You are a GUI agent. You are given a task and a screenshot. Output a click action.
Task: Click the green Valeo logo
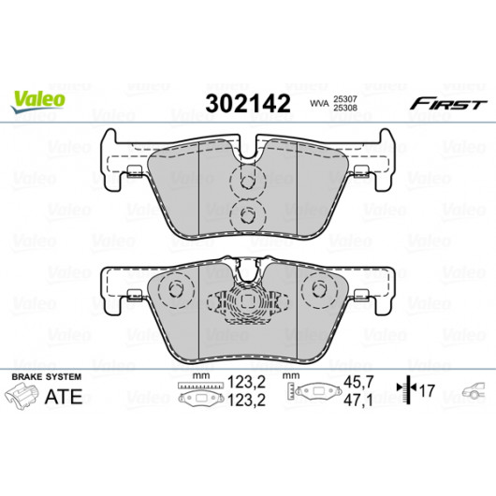click(x=38, y=101)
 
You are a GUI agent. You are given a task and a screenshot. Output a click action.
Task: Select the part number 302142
click(x=248, y=104)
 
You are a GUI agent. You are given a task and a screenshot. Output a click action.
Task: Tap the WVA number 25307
click(x=344, y=99)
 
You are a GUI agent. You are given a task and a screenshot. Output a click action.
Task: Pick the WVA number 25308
click(x=344, y=108)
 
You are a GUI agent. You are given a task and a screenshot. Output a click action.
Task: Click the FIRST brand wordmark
click(x=448, y=104)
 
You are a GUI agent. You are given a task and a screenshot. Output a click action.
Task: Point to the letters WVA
click(x=319, y=104)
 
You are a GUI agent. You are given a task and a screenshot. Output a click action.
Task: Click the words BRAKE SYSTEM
click(x=46, y=377)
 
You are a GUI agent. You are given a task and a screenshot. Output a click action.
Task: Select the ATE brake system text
click(x=64, y=397)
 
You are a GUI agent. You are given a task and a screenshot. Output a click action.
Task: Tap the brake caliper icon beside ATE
click(x=22, y=396)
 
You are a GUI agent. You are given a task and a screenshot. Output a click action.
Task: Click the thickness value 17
click(x=428, y=390)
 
